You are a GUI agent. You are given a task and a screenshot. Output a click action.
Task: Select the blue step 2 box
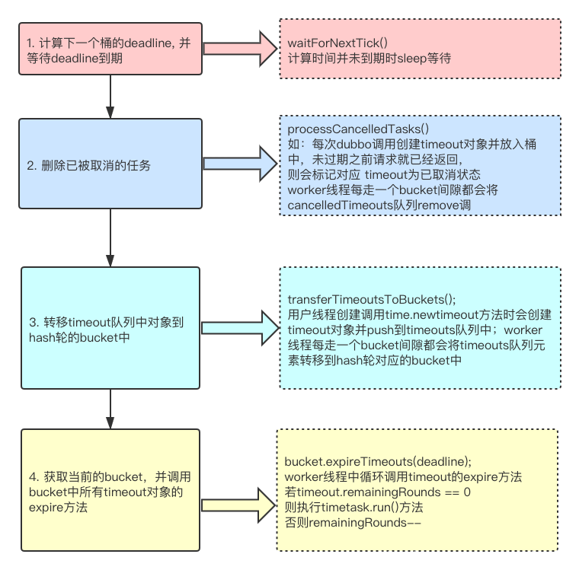point(110,164)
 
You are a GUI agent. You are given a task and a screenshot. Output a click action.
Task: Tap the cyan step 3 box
point(110,328)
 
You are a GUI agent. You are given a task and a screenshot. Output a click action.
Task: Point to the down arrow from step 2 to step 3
point(111,237)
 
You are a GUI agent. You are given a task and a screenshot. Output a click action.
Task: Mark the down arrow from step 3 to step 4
point(111,409)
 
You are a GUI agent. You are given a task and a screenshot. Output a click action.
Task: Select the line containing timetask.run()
point(353,508)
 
